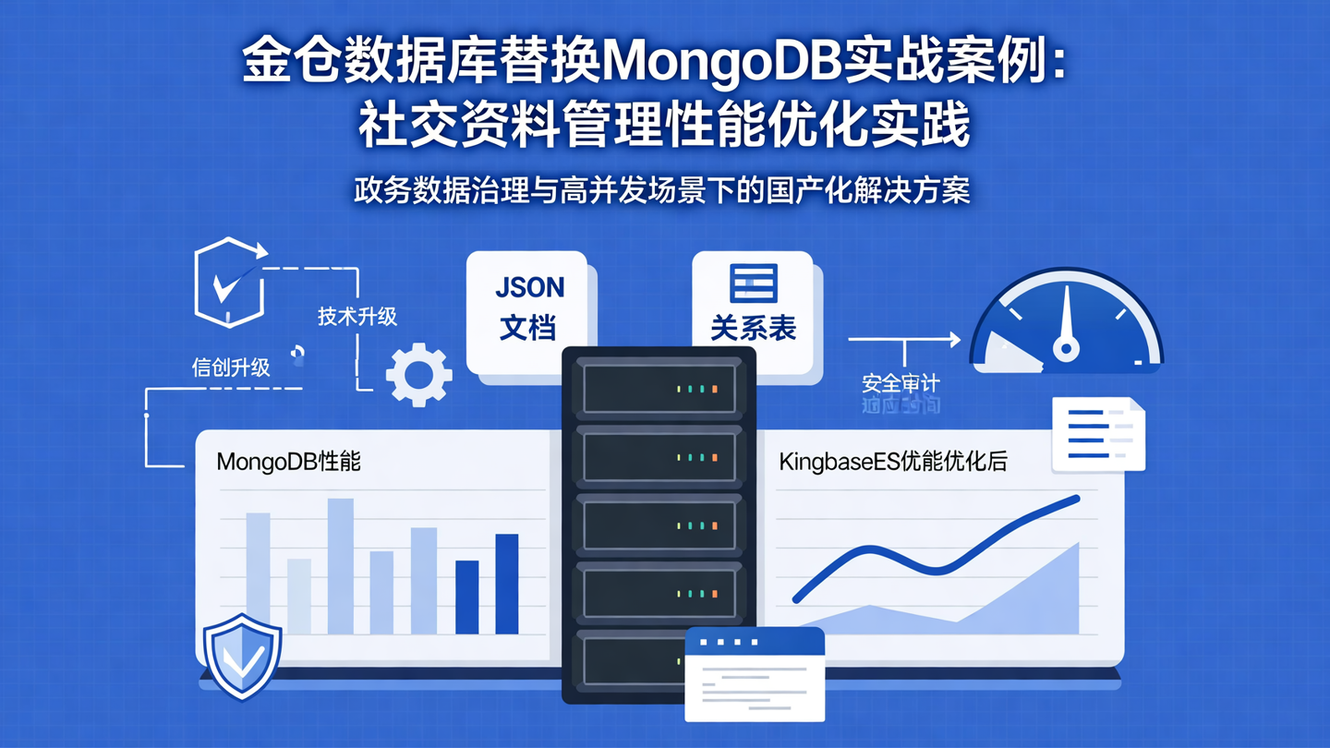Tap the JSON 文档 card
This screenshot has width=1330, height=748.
click(x=529, y=309)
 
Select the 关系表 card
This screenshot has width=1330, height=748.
click(x=753, y=309)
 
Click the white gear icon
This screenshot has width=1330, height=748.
click(x=418, y=374)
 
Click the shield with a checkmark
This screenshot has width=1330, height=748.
click(x=242, y=656)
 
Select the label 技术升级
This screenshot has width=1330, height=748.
click(x=357, y=317)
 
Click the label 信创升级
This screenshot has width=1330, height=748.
click(x=231, y=368)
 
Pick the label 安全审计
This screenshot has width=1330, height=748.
click(x=901, y=382)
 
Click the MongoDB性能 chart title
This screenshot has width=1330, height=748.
click(x=288, y=462)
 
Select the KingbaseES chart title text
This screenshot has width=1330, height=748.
click(x=892, y=462)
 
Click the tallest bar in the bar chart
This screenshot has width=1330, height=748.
click(x=340, y=565)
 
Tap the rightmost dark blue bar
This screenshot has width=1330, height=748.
click(x=507, y=584)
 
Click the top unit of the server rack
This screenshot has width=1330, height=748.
click(x=659, y=388)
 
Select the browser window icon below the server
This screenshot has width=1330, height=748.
click(x=755, y=674)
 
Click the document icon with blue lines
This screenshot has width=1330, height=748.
click(x=1098, y=434)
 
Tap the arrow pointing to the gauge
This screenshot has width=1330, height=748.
click(x=905, y=340)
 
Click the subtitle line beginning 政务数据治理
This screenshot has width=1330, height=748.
click(x=661, y=191)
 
